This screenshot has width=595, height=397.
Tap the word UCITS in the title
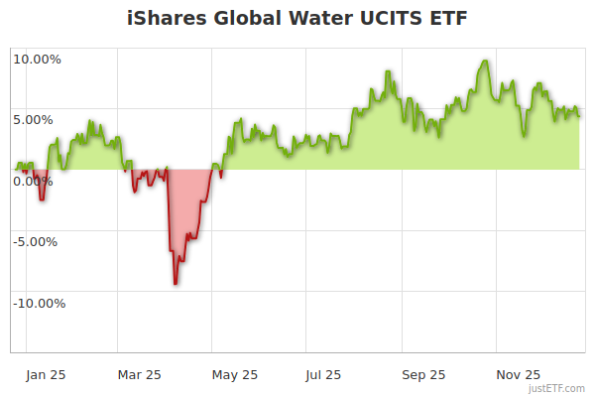coord(380,19)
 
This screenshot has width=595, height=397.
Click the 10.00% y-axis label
coord(37,59)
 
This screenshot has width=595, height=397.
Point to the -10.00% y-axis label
coord(39,304)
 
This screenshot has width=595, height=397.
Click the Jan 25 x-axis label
coord(46,375)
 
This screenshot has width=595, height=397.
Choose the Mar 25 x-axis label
coord(140,375)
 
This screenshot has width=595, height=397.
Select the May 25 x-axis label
coord(235,375)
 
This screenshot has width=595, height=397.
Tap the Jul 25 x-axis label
coord(324,375)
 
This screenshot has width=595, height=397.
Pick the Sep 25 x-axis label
coord(423,375)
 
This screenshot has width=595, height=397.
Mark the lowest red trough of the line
coord(176,284)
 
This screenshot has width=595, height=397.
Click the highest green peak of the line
coord(484,62)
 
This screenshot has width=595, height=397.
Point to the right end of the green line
coord(579,115)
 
